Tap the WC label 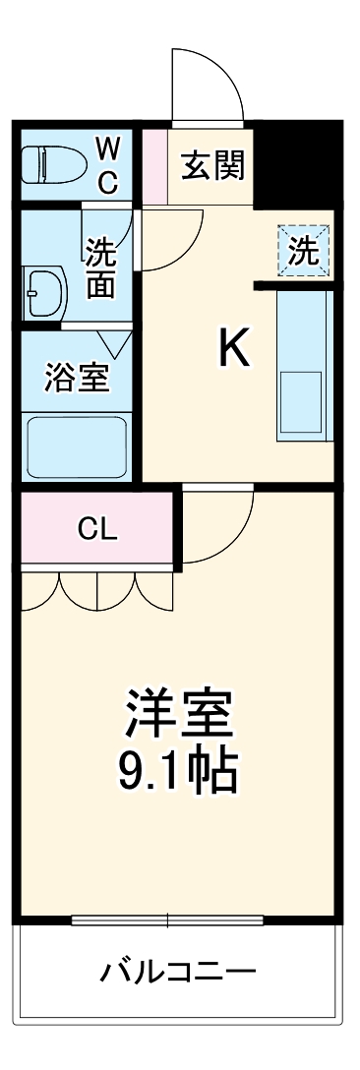tap(108, 165)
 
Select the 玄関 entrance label tap(210, 164)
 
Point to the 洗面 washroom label tap(100, 267)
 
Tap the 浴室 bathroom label tap(76, 377)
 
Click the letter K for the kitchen tap(233, 347)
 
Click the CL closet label tap(97, 530)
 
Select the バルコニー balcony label tap(179, 973)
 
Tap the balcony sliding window tap(168, 921)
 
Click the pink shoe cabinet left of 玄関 tap(153, 164)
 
